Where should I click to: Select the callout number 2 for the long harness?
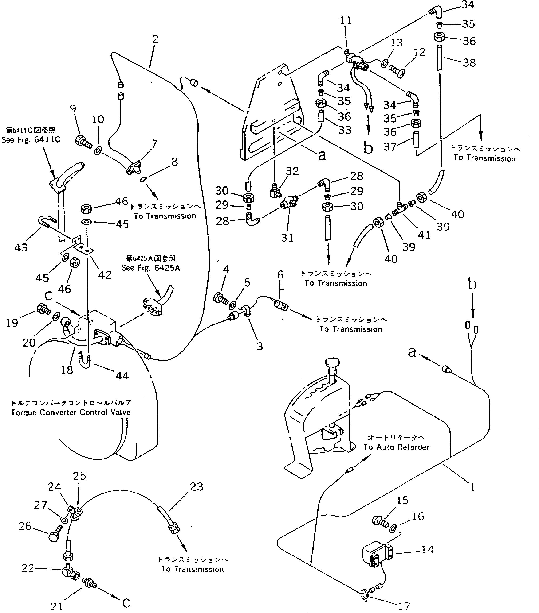(x=155, y=39)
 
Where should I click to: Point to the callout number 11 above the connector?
(x=345, y=21)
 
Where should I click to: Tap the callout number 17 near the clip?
(x=404, y=606)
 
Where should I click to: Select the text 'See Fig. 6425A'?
(x=150, y=268)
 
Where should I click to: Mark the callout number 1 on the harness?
(x=473, y=488)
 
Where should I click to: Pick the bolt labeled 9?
(x=82, y=141)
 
